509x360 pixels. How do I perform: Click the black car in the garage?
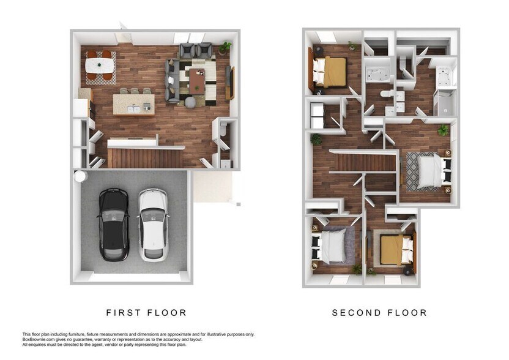[113, 224]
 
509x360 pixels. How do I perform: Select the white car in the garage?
[152, 224]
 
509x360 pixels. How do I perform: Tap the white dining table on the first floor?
[100, 65]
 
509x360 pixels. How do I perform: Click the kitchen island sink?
[133, 108]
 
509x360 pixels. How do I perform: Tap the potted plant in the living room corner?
[225, 47]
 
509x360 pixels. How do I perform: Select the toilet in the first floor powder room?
[223, 130]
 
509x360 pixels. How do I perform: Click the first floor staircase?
[145, 158]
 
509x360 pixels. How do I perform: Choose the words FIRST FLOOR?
[146, 313]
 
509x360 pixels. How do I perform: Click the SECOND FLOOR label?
[379, 313]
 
